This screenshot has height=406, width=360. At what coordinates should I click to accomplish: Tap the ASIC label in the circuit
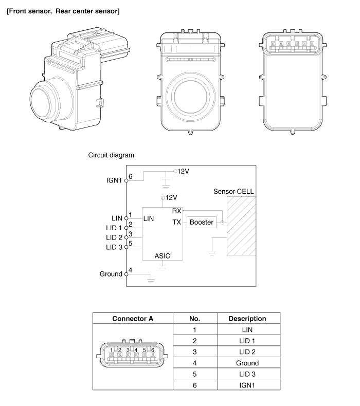(162, 255)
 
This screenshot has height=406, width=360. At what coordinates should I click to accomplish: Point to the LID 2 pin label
(114, 237)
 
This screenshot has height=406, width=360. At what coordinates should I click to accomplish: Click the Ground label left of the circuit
(111, 274)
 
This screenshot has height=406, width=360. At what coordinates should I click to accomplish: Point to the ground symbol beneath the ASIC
(163, 267)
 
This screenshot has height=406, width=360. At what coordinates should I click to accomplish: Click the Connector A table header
(133, 319)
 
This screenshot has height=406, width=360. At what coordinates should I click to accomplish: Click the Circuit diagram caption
(112, 155)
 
